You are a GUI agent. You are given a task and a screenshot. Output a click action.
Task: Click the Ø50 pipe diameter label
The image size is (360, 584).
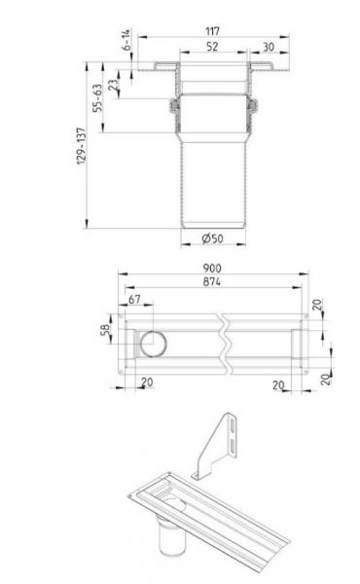[212, 238]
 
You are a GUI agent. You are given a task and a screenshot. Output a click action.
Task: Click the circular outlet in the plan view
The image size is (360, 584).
[153, 344]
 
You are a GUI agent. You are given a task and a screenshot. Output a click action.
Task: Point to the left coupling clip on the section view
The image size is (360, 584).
[173, 108]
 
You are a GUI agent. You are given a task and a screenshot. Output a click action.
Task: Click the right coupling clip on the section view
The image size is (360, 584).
[254, 108]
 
